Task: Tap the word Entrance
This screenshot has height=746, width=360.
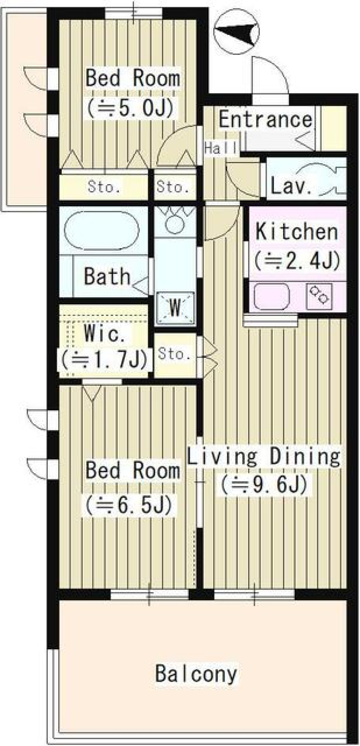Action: point(265,120)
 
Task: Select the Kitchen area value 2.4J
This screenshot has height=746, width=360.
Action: point(297,260)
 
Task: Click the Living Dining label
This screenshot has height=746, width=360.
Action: point(263,457)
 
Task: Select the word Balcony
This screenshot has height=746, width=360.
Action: point(196,673)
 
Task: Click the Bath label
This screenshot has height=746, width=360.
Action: point(107,276)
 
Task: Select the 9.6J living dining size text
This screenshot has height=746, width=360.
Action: point(264,484)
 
